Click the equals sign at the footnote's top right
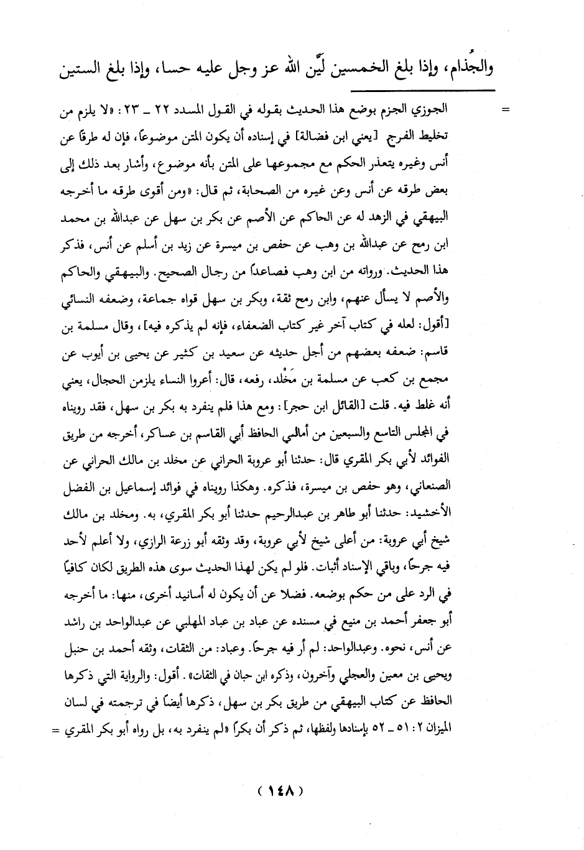point(506,111)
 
